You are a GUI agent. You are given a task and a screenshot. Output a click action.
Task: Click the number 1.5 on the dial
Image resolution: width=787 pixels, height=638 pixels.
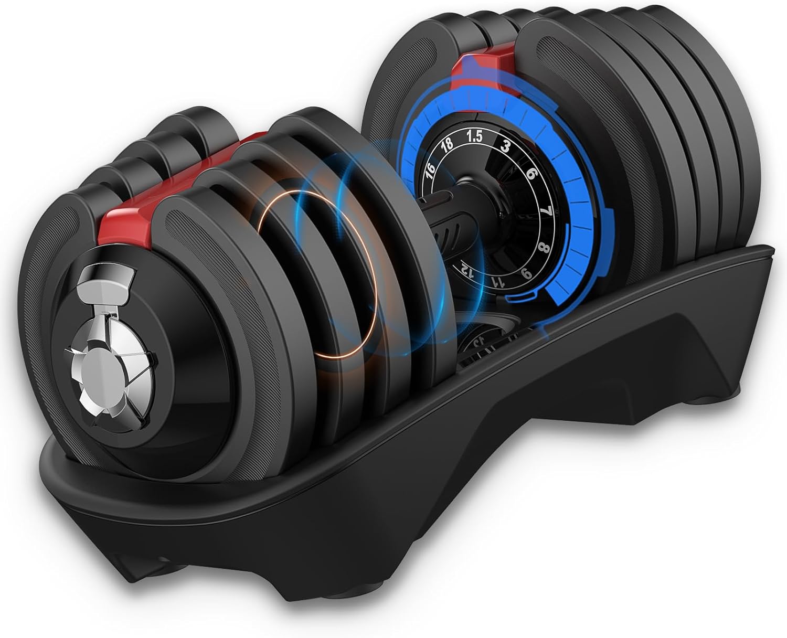(x=474, y=137)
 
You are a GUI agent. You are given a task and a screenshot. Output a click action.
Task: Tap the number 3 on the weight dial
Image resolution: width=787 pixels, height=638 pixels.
(x=506, y=147)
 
